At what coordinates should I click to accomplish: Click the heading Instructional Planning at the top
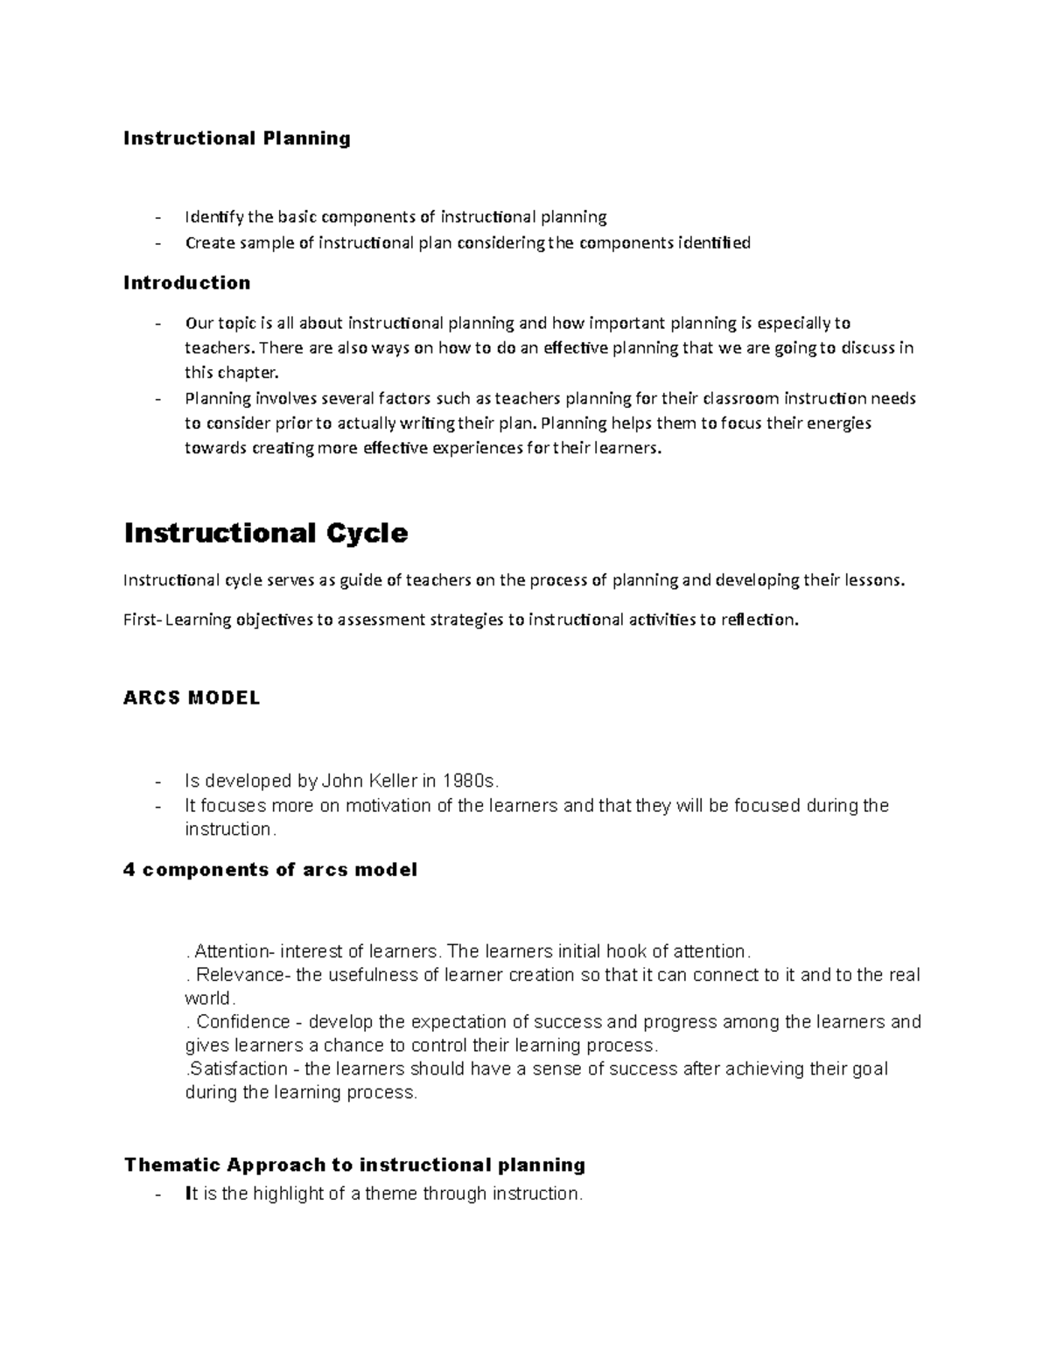[236, 138]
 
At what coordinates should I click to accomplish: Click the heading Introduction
[186, 283]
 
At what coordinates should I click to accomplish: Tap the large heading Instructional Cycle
[266, 533]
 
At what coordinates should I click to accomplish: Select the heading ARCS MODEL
[192, 698]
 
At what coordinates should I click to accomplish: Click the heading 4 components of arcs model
[270, 870]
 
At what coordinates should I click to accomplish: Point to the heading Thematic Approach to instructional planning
[354, 1165]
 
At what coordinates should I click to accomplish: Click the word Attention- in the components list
[234, 951]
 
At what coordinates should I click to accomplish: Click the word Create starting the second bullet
[208, 242]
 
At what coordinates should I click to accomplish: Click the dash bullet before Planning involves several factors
[157, 399]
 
